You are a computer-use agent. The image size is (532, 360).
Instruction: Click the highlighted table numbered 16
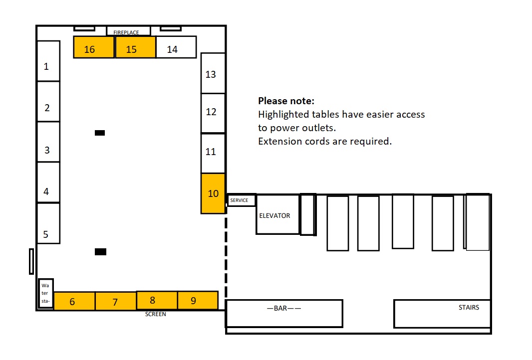[x=94, y=47]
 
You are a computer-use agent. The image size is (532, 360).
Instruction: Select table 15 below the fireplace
[x=135, y=47]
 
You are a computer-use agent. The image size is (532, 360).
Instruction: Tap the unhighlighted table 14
[x=176, y=47]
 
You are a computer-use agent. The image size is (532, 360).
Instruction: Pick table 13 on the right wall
[x=213, y=73]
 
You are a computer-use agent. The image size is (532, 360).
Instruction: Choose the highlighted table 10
[x=213, y=193]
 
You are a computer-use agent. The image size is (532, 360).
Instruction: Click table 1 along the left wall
[x=48, y=61]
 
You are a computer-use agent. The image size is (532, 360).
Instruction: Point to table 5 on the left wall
[x=48, y=223]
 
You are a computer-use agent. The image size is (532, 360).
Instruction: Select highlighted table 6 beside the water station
[x=75, y=301]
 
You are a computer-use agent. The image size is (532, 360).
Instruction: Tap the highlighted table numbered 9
[x=198, y=300]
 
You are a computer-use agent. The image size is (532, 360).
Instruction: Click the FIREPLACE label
[x=126, y=32]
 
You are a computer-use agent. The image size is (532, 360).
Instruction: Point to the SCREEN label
[x=155, y=314]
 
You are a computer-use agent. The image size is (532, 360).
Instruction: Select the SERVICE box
[x=241, y=200]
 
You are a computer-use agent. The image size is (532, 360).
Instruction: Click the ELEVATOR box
[x=278, y=214]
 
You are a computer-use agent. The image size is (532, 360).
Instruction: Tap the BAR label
[x=284, y=308]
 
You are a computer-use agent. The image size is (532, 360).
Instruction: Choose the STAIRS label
[x=469, y=308]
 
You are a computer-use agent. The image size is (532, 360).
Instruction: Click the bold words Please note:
[x=286, y=101]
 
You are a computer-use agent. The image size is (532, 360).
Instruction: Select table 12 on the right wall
[x=213, y=113]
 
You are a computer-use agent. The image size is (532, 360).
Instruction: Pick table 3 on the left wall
[x=48, y=142]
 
